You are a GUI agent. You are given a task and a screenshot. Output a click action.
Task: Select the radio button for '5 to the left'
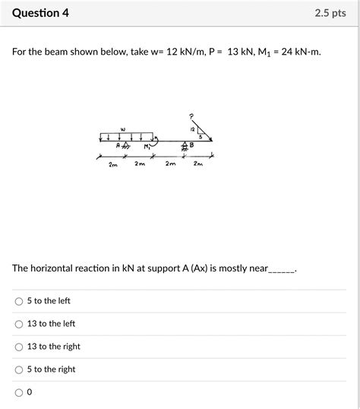pos(19,301)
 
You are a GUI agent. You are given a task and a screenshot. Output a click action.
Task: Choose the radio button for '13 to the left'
pos(19,324)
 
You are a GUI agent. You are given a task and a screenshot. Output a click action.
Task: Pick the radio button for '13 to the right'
pos(19,347)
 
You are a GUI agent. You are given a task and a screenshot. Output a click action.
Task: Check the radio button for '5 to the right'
pos(19,369)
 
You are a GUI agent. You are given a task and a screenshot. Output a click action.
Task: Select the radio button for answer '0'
pos(19,392)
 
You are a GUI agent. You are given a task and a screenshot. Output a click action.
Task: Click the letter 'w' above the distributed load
pos(123,128)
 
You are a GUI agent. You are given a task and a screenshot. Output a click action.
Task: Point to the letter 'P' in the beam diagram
pos(191,116)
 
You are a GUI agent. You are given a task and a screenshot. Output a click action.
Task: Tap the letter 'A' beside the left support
pos(118,144)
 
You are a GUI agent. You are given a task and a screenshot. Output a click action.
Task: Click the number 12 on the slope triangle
pos(193,129)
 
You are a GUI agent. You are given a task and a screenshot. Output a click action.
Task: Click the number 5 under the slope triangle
pos(201,138)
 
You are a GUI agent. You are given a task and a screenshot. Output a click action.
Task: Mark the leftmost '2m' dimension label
pos(112,164)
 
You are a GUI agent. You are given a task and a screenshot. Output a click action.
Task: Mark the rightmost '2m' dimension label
pos(197,164)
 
